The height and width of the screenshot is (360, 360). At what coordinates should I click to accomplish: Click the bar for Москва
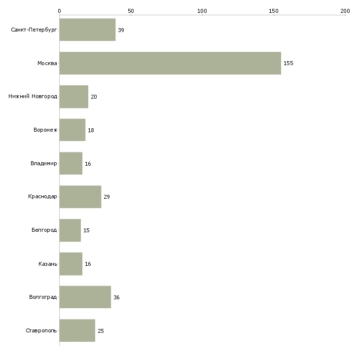pos(170,63)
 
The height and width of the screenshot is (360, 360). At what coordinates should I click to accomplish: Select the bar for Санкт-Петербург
pos(87,30)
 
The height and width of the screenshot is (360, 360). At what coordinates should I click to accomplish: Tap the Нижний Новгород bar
pos(73,97)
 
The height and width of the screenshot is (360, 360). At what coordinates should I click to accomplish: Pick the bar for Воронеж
pos(72,130)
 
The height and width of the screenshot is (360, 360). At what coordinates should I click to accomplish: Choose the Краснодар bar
pos(80,197)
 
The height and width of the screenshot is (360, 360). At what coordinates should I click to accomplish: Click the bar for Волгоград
pos(85,297)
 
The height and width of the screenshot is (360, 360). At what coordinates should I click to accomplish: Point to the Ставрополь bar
pos(77,330)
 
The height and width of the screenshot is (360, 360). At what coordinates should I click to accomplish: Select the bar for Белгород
pos(70,230)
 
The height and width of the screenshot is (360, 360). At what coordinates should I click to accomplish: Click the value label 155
pos(288,63)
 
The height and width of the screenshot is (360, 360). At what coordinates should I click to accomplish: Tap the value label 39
pos(121,30)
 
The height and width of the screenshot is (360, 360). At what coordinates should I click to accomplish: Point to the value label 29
pos(107,197)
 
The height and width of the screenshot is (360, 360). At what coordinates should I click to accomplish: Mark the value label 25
pos(101,331)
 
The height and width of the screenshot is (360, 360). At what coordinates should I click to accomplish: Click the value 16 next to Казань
pos(88,264)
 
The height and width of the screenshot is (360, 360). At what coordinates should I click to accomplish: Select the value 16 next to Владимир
pos(88,164)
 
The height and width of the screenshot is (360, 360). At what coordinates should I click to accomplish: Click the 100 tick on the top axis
pos(202,11)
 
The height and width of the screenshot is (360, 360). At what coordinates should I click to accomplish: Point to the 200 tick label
pos(345,11)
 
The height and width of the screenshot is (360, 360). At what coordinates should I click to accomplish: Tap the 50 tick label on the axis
pos(131,11)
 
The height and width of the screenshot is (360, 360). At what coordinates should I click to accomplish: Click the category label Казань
pos(48,264)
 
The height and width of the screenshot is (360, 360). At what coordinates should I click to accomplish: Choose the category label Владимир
pos(43,163)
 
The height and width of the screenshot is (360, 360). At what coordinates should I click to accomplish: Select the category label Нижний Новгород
pos(33,96)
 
